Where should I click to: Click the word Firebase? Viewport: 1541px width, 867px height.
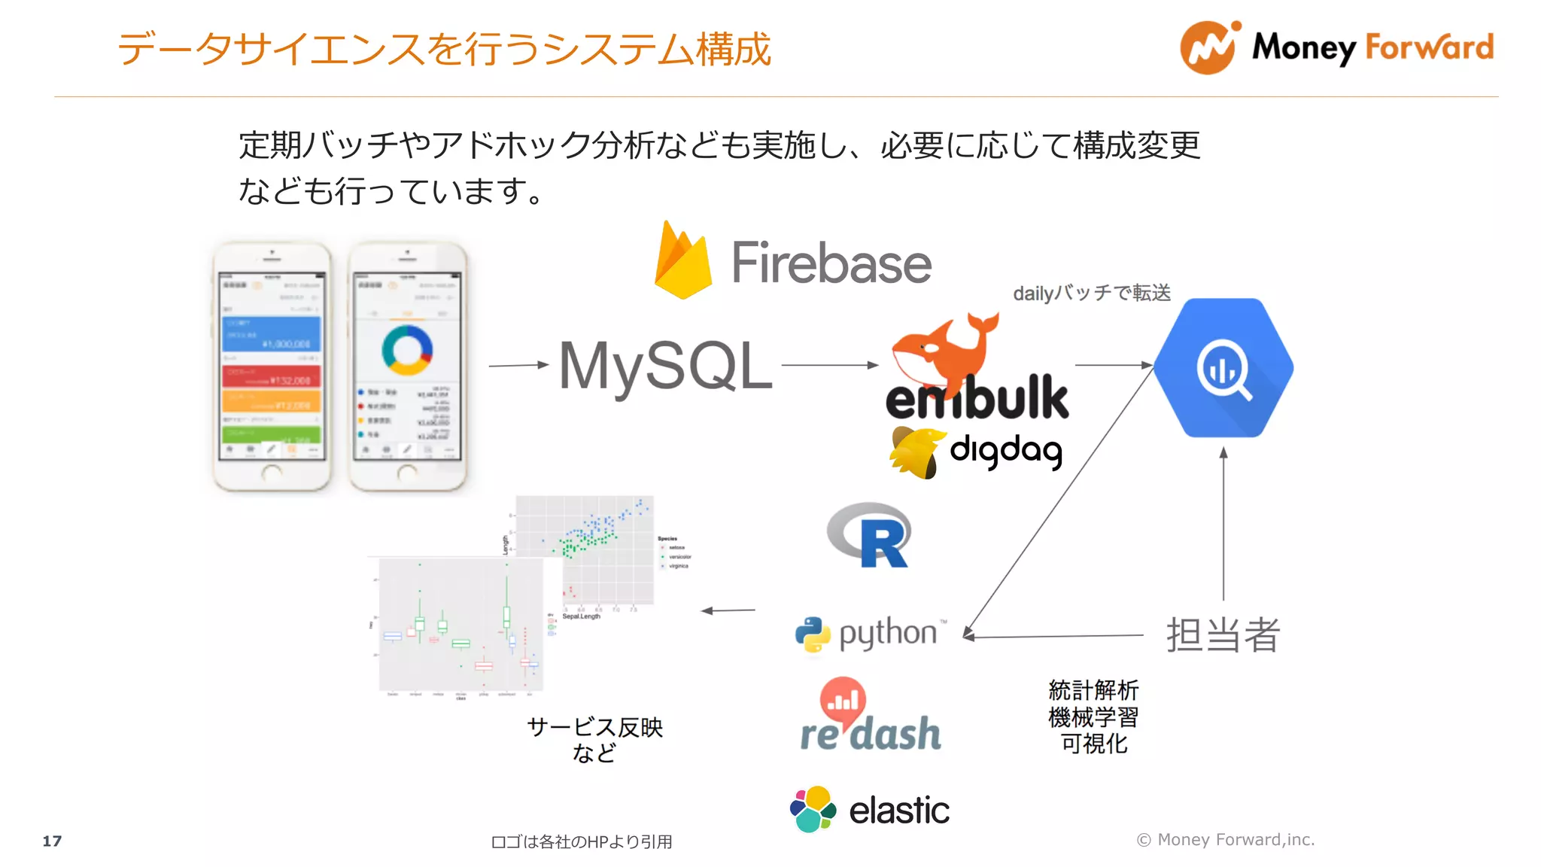coord(831,263)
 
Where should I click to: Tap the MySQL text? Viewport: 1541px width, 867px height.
coord(665,367)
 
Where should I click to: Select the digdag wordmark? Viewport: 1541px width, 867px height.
coord(1005,450)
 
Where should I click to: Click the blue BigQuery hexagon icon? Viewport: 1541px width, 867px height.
coord(1223,368)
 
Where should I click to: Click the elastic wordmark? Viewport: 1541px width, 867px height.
coord(898,811)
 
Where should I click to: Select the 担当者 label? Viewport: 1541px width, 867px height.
coord(1223,634)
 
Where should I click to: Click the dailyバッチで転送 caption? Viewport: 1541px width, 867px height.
coord(1092,293)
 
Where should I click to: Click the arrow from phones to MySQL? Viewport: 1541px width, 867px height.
coord(518,365)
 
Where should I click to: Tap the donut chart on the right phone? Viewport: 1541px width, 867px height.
coord(407,350)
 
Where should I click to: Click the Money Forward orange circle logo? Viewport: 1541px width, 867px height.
coord(1208,47)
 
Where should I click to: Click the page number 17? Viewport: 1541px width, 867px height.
coord(52,841)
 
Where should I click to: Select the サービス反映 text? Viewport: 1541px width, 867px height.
coord(594,727)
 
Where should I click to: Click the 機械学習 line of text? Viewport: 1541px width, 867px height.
coord(1093,716)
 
